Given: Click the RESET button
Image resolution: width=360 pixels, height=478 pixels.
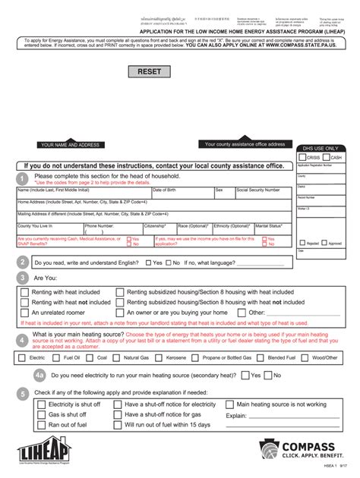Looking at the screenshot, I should point(150,71).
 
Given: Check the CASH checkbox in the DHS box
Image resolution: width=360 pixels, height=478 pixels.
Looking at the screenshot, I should point(327,157).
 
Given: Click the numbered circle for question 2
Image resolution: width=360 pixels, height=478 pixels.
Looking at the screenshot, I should point(23,262).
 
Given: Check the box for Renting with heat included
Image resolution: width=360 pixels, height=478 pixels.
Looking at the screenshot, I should point(25,291).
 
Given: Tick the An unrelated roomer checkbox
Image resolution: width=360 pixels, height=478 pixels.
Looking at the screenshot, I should point(25,313).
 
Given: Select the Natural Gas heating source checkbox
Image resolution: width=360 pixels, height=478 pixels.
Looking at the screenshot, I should point(118,357).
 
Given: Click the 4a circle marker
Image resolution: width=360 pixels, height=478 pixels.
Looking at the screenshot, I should point(40,376).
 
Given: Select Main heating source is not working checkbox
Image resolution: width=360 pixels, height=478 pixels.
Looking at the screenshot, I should point(230,405).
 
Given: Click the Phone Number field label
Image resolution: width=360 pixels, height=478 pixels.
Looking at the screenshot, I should point(99,226).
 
